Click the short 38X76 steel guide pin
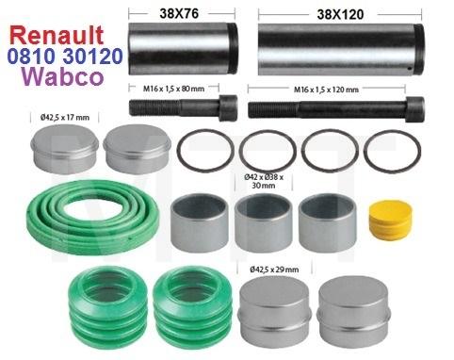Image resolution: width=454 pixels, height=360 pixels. [183, 54]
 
